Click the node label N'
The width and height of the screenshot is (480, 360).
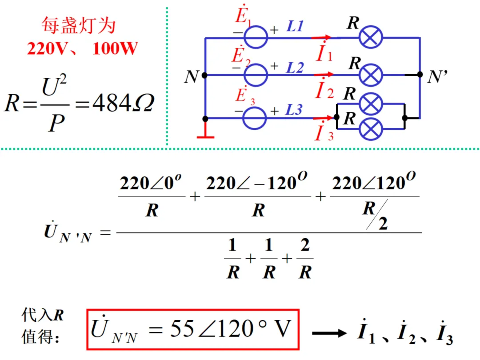point(437,76)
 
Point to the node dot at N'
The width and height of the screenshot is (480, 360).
point(420,74)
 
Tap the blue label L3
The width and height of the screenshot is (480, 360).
point(294,110)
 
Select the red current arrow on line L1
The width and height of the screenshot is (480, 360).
point(321,38)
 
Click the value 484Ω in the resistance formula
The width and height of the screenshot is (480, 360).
point(124,103)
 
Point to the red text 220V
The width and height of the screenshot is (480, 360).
point(47,48)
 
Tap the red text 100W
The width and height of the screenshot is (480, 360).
point(115,48)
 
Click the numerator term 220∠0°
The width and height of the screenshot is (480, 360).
point(151,183)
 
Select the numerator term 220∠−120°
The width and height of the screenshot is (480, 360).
point(256,182)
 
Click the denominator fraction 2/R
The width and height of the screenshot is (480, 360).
point(305,259)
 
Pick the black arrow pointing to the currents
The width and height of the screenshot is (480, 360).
point(329,333)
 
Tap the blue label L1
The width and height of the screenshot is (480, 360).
point(295,26)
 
